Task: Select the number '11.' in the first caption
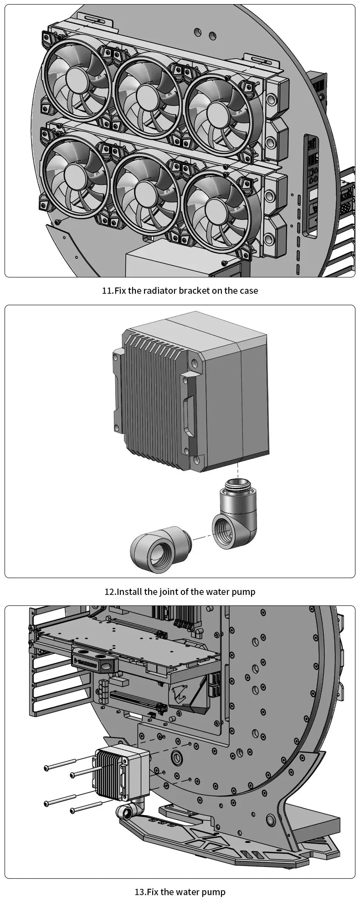(108, 291)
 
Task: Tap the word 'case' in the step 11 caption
(248, 291)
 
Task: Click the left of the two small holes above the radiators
(197, 32)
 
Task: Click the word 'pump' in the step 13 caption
(215, 892)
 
